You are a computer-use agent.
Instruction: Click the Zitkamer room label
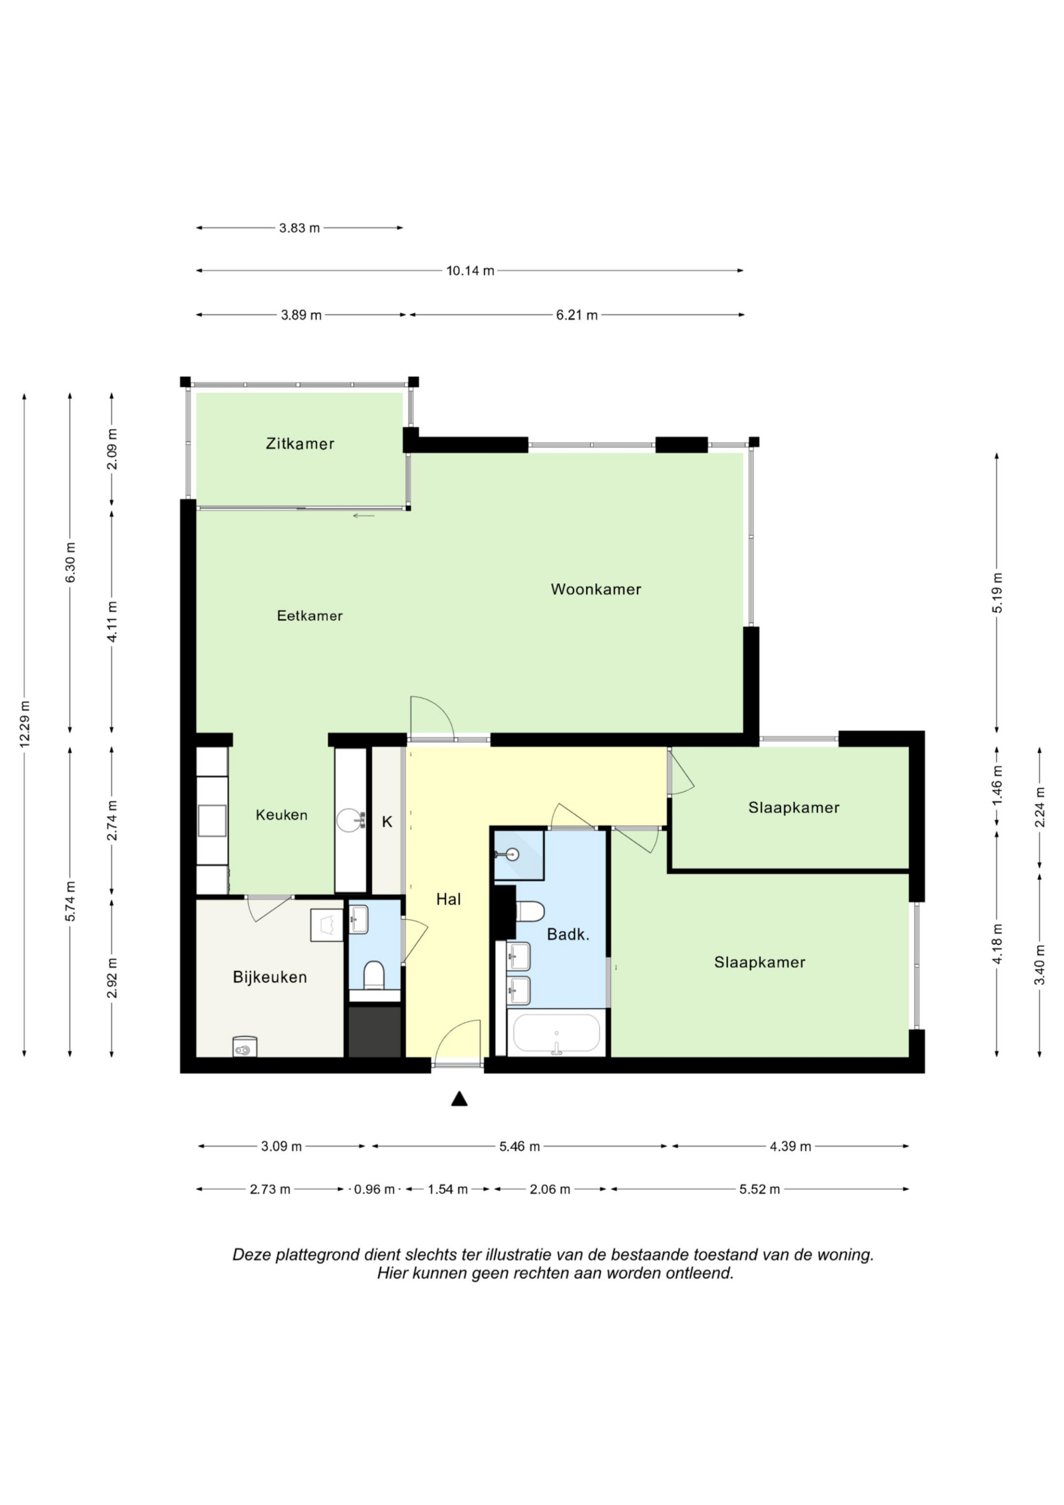(x=300, y=444)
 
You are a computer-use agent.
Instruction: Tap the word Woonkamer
(x=595, y=589)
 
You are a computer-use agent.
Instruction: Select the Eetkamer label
(x=310, y=616)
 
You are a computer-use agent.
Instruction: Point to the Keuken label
(x=281, y=815)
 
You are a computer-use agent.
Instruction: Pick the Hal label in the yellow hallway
(x=448, y=899)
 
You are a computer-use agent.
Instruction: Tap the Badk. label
(x=568, y=935)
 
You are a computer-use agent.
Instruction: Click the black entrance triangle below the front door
(x=459, y=1099)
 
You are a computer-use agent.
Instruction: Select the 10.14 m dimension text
(x=470, y=271)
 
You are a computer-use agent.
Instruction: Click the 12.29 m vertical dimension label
(x=25, y=724)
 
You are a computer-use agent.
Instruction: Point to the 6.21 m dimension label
(x=577, y=315)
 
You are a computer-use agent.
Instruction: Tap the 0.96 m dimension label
(x=375, y=1189)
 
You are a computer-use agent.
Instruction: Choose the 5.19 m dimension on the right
(x=997, y=593)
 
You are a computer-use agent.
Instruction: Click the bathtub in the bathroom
(x=556, y=1033)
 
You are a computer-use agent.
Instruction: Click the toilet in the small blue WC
(x=373, y=975)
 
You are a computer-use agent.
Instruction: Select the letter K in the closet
(x=387, y=821)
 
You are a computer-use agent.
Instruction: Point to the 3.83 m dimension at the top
(x=300, y=228)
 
